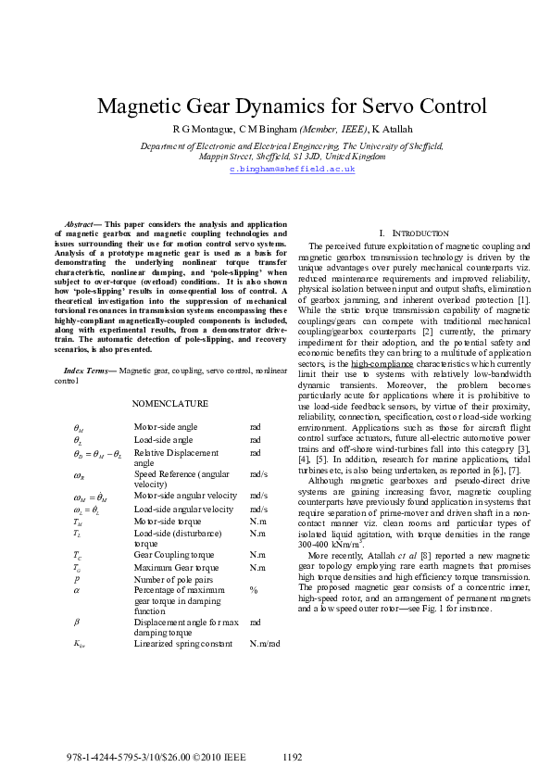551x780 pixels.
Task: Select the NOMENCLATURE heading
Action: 170,404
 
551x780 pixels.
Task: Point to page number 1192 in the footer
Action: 292,757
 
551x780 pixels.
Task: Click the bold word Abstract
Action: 81,224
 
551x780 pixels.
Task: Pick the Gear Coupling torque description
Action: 171,554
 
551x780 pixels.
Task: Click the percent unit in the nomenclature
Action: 253,589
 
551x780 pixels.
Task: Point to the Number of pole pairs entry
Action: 173,578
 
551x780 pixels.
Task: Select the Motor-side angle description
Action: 165,427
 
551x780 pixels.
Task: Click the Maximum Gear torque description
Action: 176,566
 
